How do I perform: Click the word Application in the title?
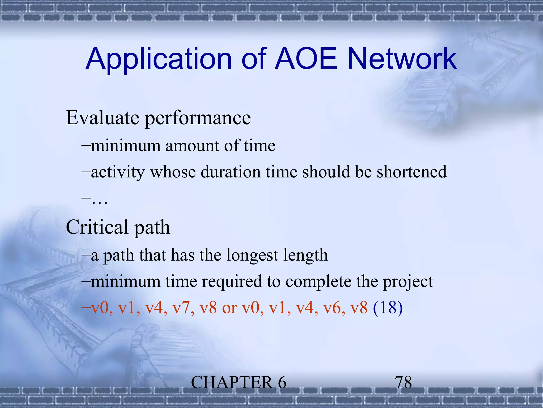pyautogui.click(x=159, y=59)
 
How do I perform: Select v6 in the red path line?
pyautogui.click(x=334, y=308)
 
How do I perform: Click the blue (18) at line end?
pyautogui.click(x=388, y=308)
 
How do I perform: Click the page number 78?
pyautogui.click(x=403, y=382)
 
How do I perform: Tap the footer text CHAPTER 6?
pyautogui.click(x=238, y=382)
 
